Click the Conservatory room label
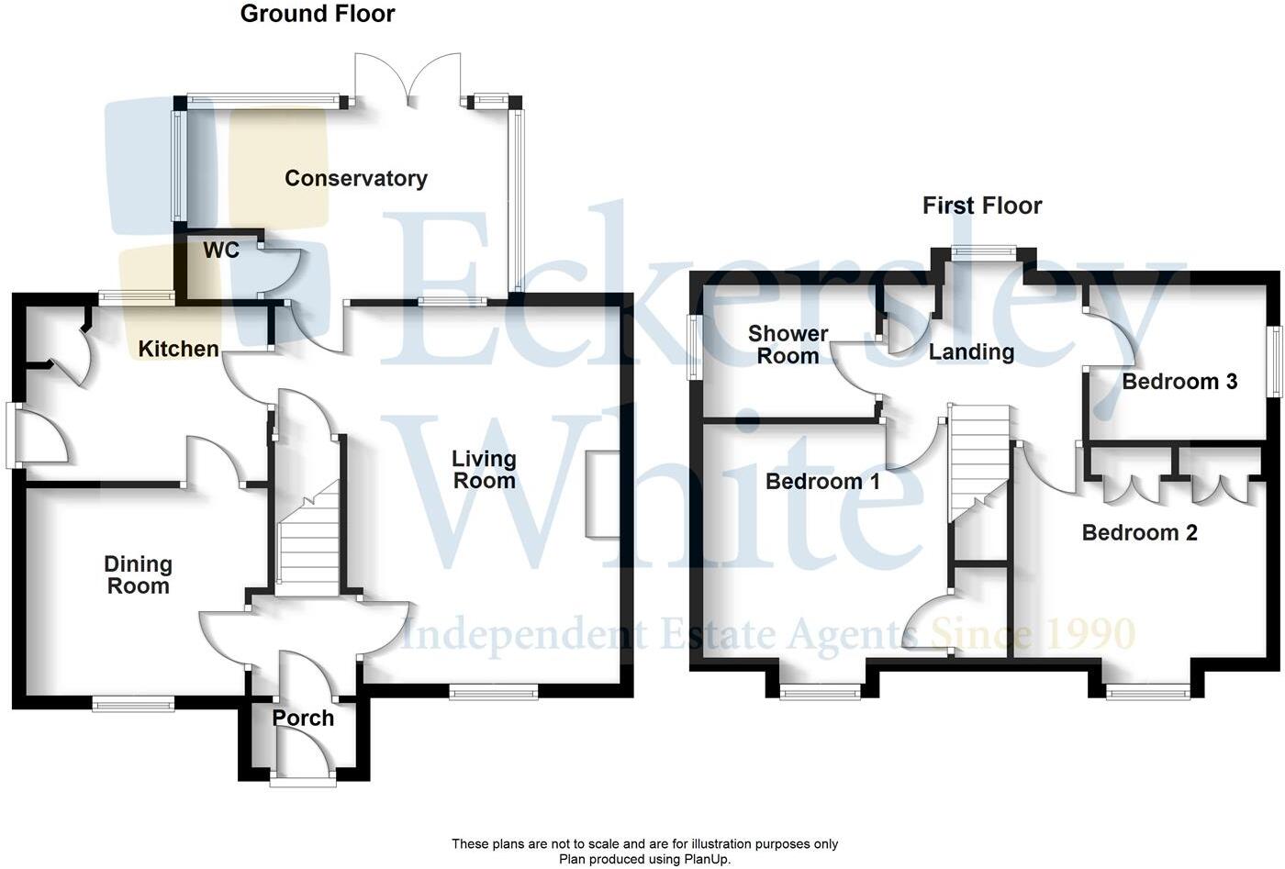coord(356,178)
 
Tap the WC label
coord(221,251)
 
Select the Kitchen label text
coord(179,349)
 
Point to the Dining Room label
coord(138,575)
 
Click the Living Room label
coord(484,469)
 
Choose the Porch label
coord(303,719)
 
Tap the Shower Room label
coord(788,345)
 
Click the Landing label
coord(971,352)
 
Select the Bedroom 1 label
coord(822,482)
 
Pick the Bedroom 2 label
coord(1139,533)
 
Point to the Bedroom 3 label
coord(1179,382)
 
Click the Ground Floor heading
coord(318,14)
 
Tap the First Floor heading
coord(982,206)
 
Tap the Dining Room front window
coord(133,704)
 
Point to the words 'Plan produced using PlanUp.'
coord(644,859)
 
